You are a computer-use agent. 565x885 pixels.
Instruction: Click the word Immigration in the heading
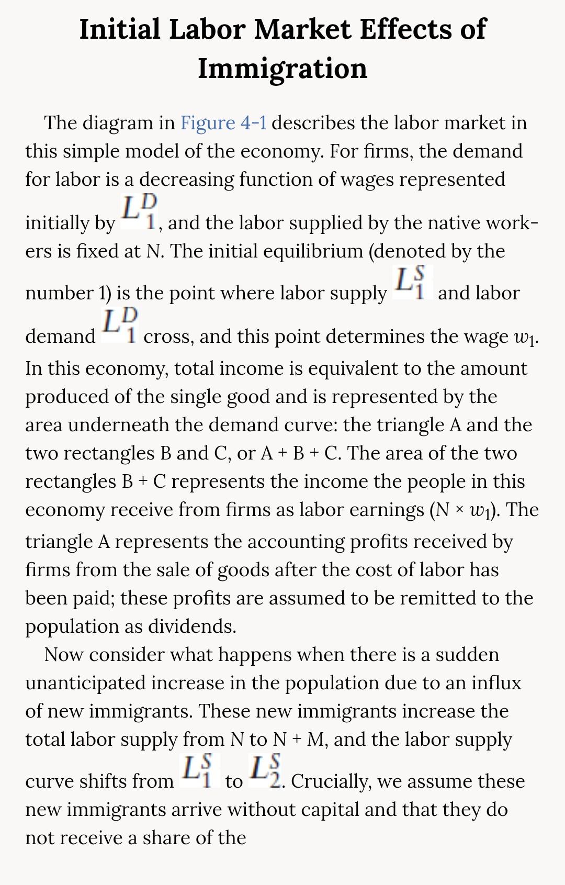tap(282, 69)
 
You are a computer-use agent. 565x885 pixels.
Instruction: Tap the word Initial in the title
tap(119, 29)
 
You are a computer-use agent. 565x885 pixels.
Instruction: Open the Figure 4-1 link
tap(223, 123)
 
